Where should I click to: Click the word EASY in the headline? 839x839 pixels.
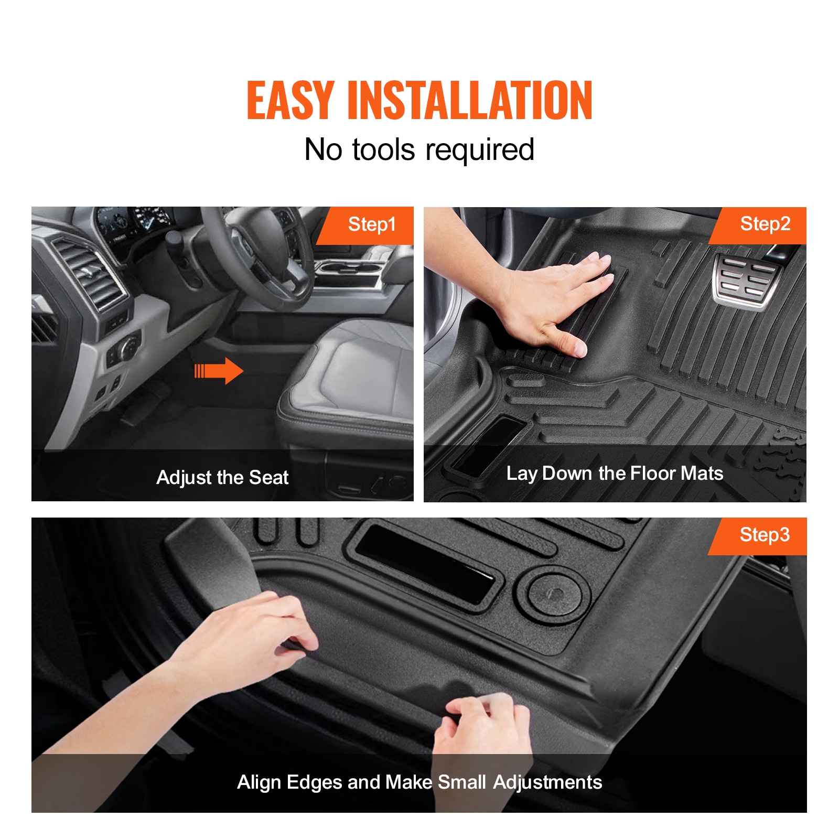(x=291, y=100)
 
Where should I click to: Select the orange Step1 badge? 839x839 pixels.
(x=365, y=225)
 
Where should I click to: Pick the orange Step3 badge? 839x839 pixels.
(x=758, y=536)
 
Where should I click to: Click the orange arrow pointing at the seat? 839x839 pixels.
(x=219, y=371)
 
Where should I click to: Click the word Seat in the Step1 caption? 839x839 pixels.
(x=268, y=478)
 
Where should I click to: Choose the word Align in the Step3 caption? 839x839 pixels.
(x=260, y=783)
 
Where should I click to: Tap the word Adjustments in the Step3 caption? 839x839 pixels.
(x=548, y=783)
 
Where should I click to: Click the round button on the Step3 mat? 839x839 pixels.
(x=554, y=593)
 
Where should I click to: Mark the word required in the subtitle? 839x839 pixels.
(x=480, y=150)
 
